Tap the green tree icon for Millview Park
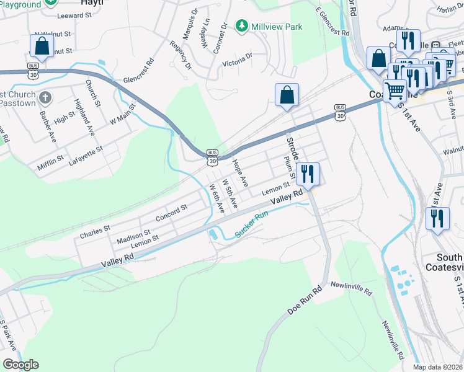click(x=241, y=26)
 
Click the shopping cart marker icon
click(x=395, y=91)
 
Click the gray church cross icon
click(x=45, y=97)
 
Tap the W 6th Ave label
click(x=216, y=199)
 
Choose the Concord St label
click(x=171, y=214)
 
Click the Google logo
click(x=20, y=365)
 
